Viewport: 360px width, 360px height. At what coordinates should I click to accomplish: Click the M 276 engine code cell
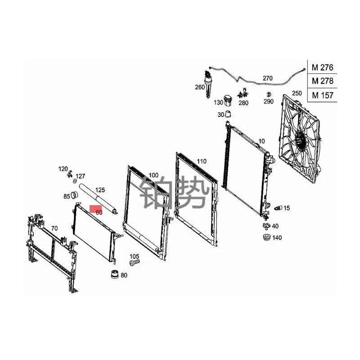[x=322, y=67]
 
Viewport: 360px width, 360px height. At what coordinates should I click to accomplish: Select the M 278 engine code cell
[x=322, y=81]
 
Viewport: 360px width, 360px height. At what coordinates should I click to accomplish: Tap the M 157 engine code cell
[x=322, y=95]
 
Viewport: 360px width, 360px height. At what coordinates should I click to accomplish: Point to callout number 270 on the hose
[x=267, y=78]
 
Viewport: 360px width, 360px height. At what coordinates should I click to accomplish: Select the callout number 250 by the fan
[x=297, y=93]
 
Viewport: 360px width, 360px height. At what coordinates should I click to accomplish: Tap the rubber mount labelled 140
[x=265, y=237]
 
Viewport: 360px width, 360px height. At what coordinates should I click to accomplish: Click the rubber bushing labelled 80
[x=114, y=274]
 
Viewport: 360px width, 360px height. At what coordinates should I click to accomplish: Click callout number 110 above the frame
[x=201, y=161]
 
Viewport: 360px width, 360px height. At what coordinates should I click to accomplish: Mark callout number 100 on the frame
[x=153, y=175]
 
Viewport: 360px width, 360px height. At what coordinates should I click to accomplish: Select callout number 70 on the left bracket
[x=54, y=228]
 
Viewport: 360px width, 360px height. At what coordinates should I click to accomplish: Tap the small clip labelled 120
[x=70, y=174]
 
